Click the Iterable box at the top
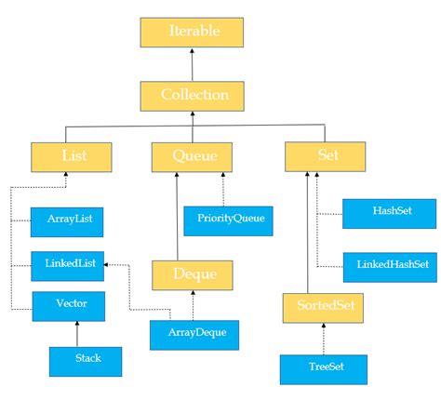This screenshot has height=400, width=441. [192, 32]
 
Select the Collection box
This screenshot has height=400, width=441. [192, 95]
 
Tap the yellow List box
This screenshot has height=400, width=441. [72, 156]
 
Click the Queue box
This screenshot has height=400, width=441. [191, 156]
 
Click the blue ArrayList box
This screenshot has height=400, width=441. [67, 220]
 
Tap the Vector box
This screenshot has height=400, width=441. [67, 305]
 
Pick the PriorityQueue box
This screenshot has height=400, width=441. [229, 220]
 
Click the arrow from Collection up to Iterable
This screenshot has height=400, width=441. [192, 64]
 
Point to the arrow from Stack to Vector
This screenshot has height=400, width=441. [77, 333]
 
